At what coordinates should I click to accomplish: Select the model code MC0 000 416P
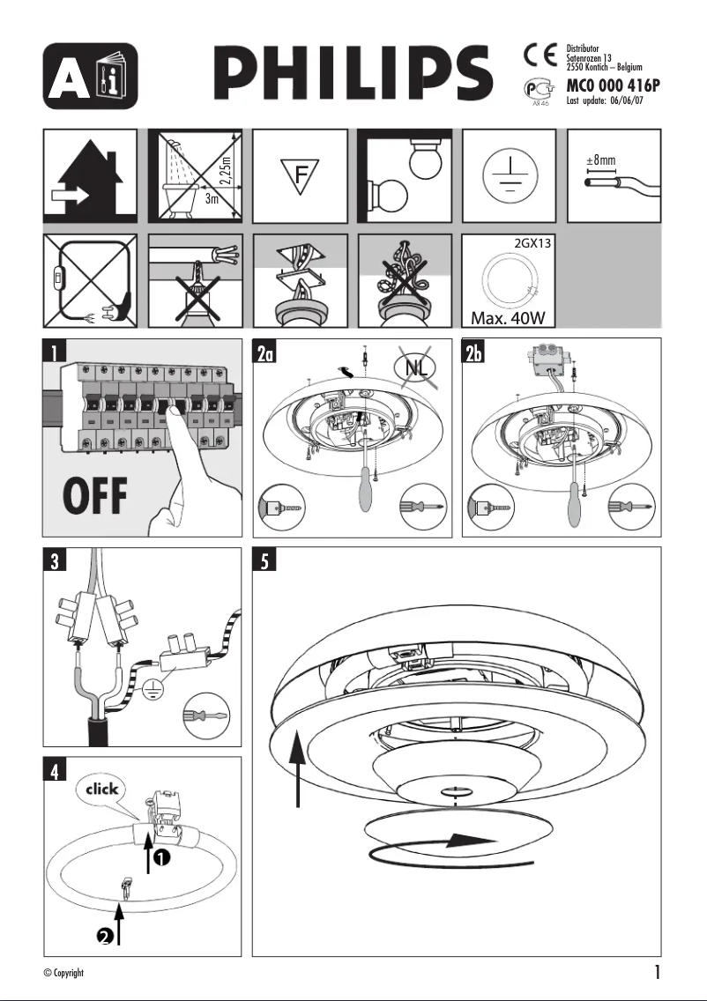613,87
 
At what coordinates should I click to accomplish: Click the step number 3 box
56,561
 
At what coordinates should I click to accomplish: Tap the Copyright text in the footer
63,973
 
